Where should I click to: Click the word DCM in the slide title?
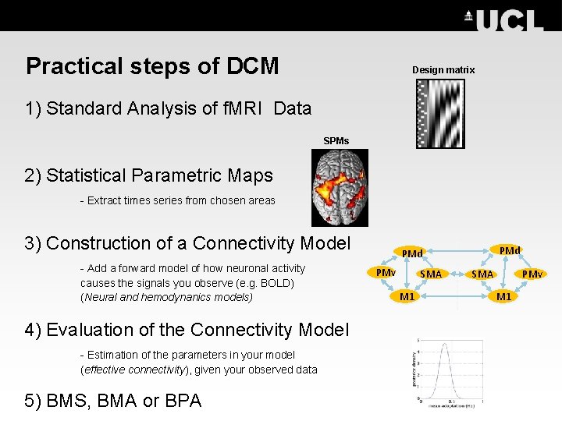click(x=252, y=66)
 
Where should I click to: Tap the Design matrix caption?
click(x=443, y=70)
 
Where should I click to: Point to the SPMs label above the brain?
click(x=336, y=141)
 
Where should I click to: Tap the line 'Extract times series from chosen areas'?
click(x=177, y=200)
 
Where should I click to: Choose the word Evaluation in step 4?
click(x=87, y=330)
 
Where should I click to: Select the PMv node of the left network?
click(x=386, y=272)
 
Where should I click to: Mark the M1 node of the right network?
click(x=503, y=296)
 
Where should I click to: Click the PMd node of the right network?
click(x=509, y=250)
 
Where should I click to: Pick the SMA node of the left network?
click(x=431, y=274)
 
